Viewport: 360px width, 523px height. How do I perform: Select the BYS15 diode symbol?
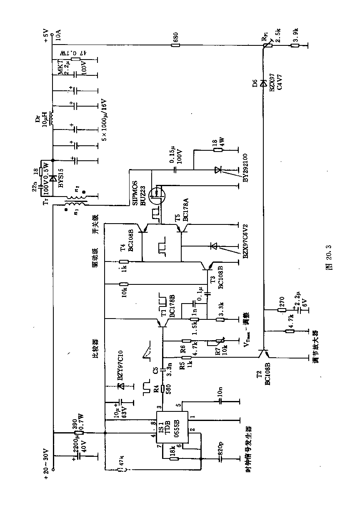52,179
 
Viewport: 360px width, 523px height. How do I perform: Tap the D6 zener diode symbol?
263,84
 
